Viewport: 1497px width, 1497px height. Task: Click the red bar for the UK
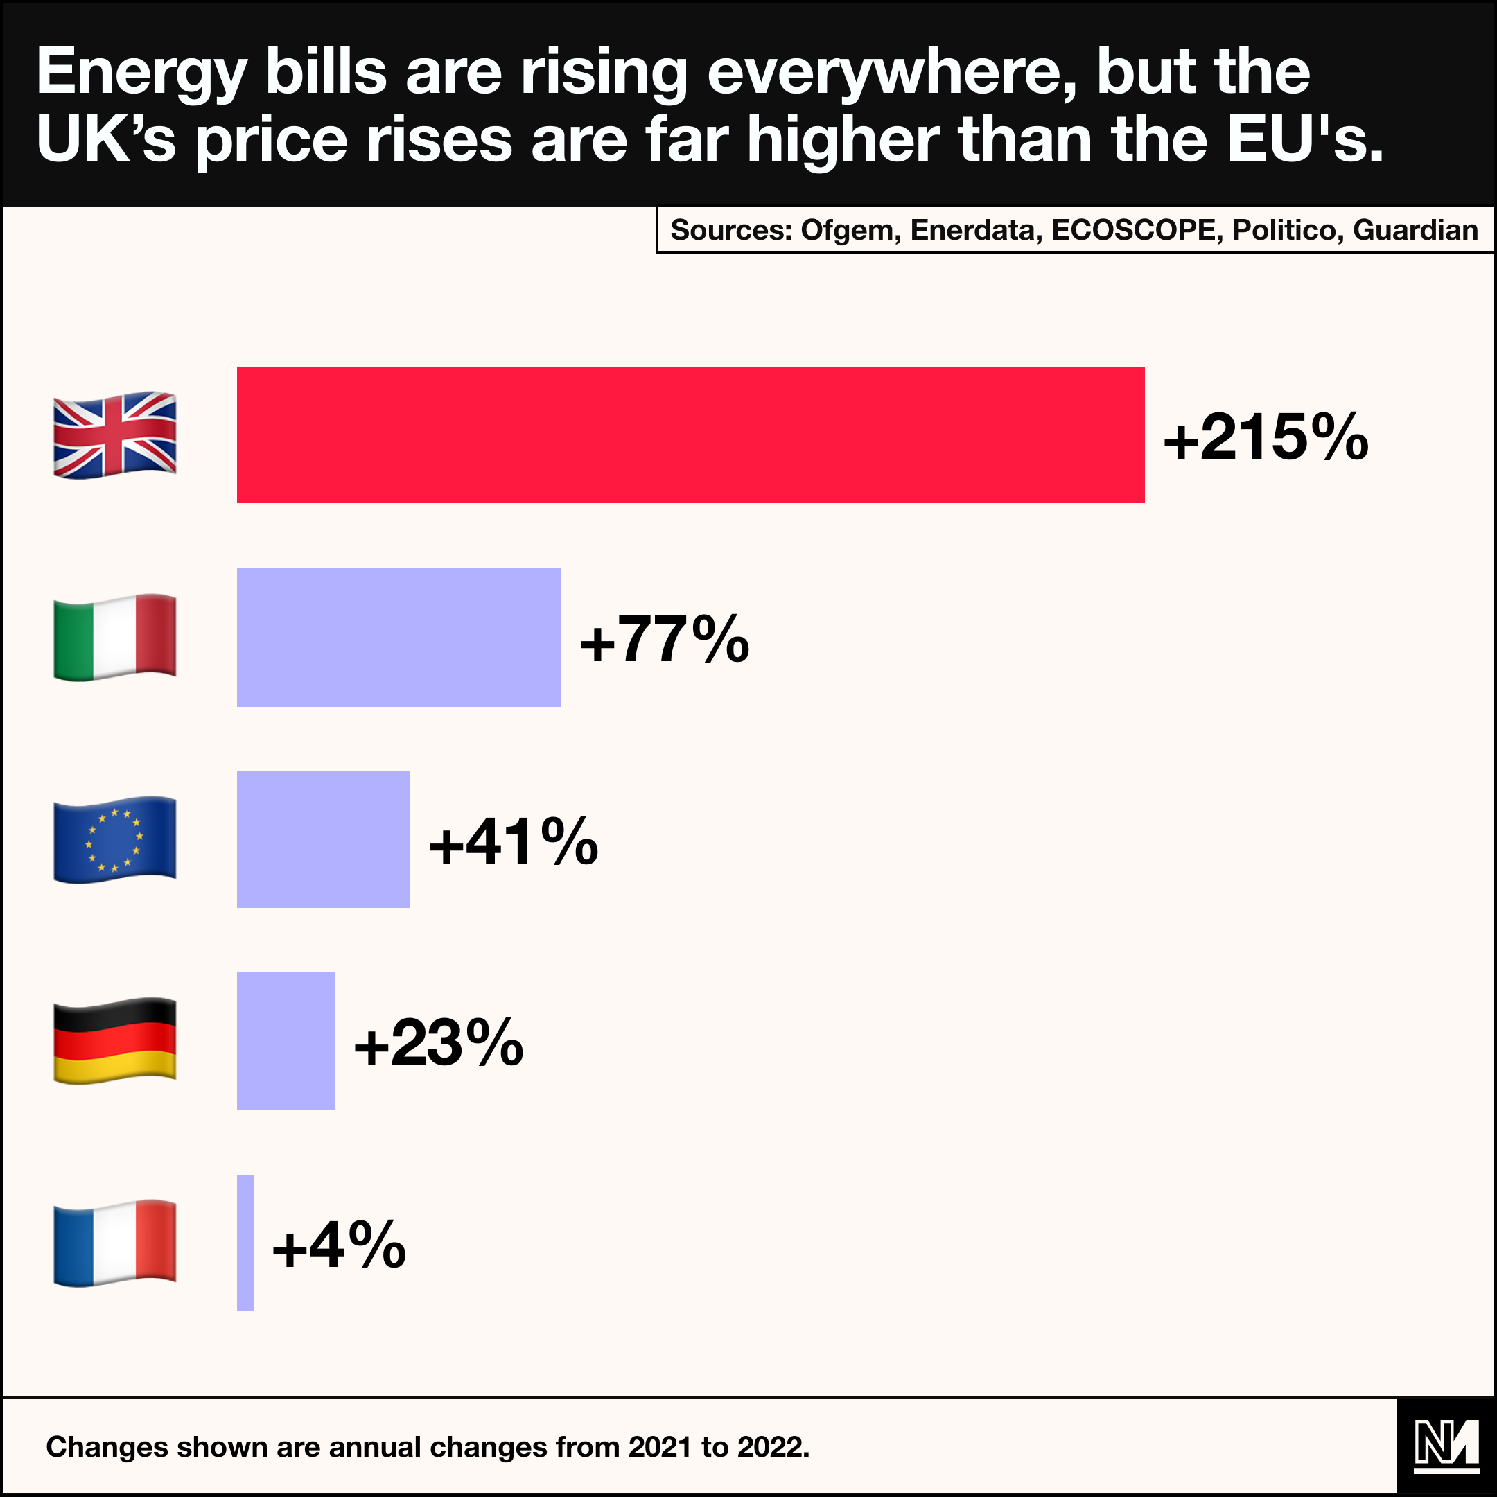click(x=690, y=435)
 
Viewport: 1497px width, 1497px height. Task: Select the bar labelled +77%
click(x=399, y=637)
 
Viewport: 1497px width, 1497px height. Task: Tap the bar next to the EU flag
click(x=323, y=839)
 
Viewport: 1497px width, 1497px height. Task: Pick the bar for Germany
click(x=286, y=1040)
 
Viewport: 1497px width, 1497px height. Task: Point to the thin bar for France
click(x=245, y=1243)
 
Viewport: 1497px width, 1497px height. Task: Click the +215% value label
click(x=1266, y=437)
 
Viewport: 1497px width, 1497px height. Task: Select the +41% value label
click(x=513, y=841)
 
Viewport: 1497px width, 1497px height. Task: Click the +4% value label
click(x=339, y=1245)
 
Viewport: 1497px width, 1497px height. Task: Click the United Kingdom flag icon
click(x=114, y=435)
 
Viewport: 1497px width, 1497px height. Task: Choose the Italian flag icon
click(x=114, y=637)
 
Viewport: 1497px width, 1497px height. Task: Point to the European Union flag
click(x=114, y=839)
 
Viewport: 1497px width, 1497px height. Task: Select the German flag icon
click(x=114, y=1040)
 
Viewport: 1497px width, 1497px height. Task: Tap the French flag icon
click(x=114, y=1243)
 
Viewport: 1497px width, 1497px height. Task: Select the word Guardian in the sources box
click(x=1415, y=230)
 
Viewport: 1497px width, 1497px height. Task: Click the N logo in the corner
click(x=1446, y=1446)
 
